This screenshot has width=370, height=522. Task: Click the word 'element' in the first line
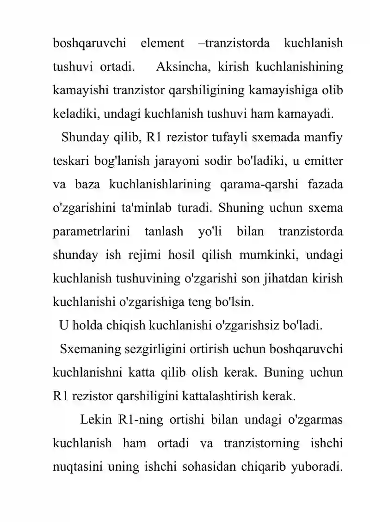click(162, 44)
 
